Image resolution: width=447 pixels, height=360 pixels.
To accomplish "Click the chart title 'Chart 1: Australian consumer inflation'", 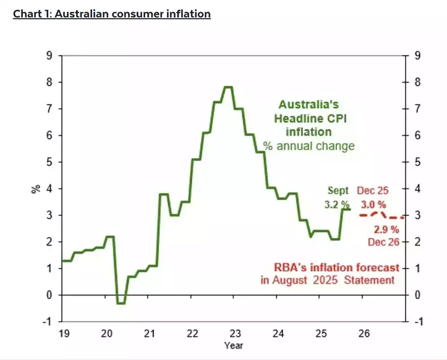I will (x=112, y=14).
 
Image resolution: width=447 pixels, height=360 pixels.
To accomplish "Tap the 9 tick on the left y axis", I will (x=49, y=56).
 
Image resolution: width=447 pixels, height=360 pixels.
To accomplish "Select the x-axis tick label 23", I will (x=235, y=334).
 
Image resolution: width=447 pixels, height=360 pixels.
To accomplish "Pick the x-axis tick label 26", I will (x=364, y=334).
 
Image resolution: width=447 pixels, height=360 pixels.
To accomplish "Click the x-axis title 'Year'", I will (x=234, y=346).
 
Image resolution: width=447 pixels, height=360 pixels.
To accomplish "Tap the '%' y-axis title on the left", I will (x=35, y=188).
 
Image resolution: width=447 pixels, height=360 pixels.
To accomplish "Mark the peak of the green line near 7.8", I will (x=228, y=87).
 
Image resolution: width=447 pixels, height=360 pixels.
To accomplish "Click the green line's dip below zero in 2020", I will (x=121, y=303).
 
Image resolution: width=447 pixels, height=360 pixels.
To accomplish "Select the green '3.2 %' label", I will (x=337, y=204).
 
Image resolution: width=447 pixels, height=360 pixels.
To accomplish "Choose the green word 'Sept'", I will (x=338, y=191).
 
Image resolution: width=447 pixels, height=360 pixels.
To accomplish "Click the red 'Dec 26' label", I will (x=383, y=242).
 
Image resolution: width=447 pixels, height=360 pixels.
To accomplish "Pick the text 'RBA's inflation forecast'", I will (x=336, y=268).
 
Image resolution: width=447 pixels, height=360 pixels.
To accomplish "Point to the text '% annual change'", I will (x=309, y=146).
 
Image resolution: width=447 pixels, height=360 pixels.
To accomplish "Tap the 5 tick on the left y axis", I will (x=49, y=162).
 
